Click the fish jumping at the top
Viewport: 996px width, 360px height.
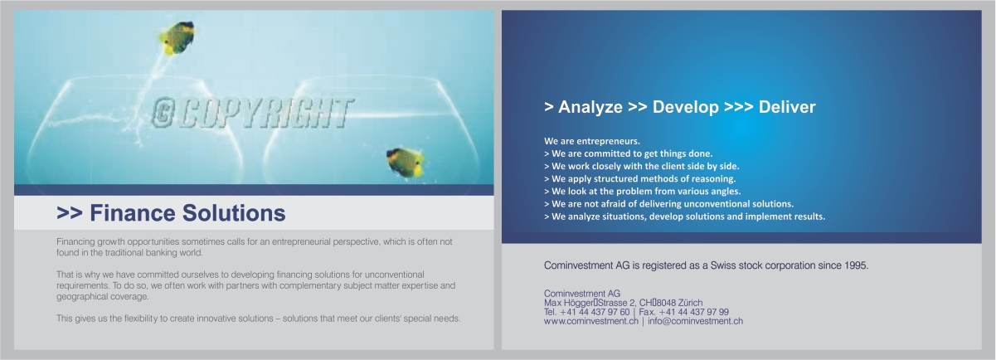pyautogui.click(x=177, y=38)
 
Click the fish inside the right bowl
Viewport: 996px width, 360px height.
pyautogui.click(x=406, y=162)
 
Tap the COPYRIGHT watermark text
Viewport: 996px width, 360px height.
pyautogui.click(x=252, y=113)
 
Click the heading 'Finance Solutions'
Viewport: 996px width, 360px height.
pyautogui.click(x=171, y=213)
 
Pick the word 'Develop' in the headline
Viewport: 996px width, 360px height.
pyautogui.click(x=685, y=107)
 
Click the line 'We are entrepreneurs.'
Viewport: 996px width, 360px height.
pyautogui.click(x=592, y=141)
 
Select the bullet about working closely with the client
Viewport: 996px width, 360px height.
pyautogui.click(x=638, y=166)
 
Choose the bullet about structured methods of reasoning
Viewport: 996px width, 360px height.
pyautogui.click(x=639, y=178)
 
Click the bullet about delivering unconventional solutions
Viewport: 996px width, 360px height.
pyautogui.click(x=668, y=203)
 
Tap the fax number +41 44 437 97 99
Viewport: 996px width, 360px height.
pyautogui.click(x=693, y=312)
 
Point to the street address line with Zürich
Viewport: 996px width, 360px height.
pyautogui.click(x=623, y=303)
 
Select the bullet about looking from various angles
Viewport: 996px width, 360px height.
pyautogui.click(x=642, y=191)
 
